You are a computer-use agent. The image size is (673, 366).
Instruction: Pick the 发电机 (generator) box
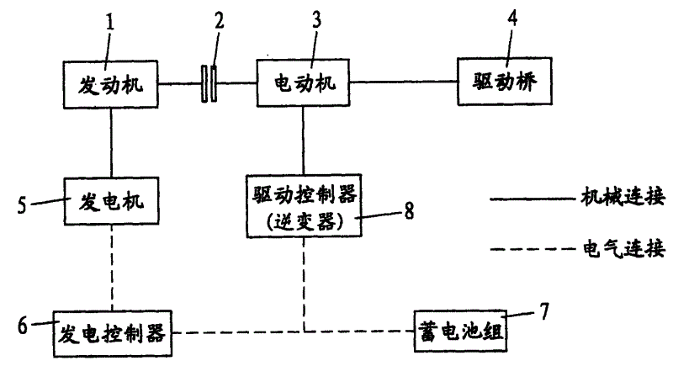pyautogui.click(x=111, y=201)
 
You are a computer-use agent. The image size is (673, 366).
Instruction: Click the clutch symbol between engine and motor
pyautogui.click(x=209, y=84)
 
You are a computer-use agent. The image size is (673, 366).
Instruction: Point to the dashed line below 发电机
pyautogui.click(x=111, y=268)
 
